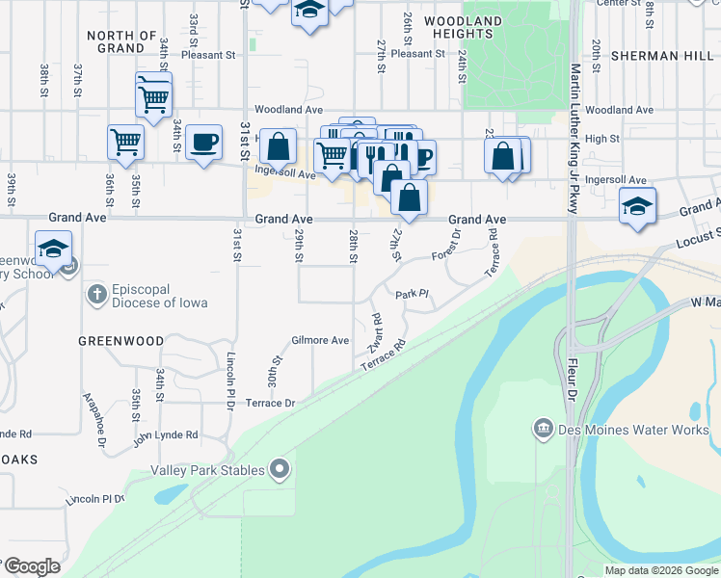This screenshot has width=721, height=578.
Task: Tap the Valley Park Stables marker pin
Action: click(x=280, y=470)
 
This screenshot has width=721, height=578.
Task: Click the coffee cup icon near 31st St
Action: click(x=203, y=143)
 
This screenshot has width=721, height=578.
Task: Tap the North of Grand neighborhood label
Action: click(x=121, y=41)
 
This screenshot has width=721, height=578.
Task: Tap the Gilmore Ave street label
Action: click(x=320, y=340)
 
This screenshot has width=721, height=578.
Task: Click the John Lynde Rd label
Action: click(x=165, y=434)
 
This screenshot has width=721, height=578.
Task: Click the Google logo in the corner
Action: click(x=31, y=565)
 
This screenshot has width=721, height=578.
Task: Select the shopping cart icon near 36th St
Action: click(x=125, y=142)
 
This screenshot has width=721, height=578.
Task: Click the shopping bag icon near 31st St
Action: click(x=278, y=146)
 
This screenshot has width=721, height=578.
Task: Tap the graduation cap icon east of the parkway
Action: click(x=636, y=205)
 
